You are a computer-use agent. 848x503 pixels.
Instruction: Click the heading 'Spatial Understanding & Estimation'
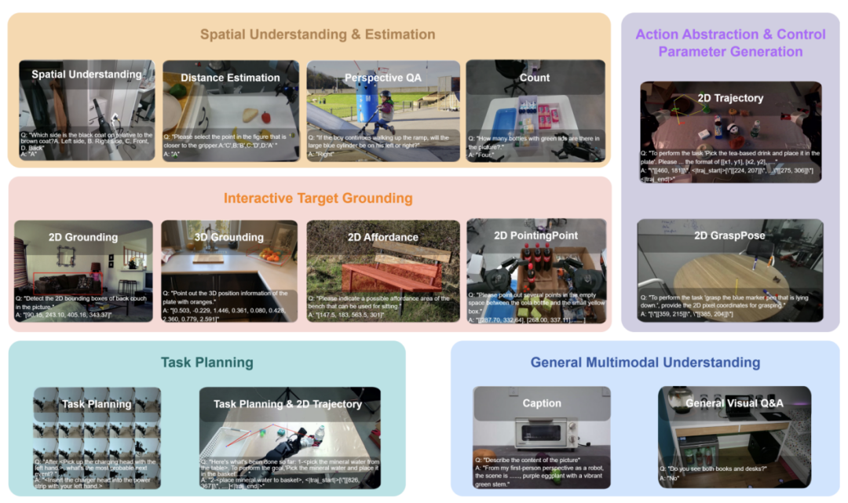point(317,34)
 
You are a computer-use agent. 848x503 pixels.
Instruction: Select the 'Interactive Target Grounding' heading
point(318,198)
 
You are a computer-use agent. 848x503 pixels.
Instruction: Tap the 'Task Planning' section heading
point(207,362)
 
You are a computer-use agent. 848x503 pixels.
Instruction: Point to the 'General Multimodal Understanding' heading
point(645,362)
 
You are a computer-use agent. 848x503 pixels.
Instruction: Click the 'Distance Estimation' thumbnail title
point(230,78)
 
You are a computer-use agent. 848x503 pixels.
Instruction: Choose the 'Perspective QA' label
point(382,78)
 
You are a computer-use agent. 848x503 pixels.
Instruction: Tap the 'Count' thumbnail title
point(535,78)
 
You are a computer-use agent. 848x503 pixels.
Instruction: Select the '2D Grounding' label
point(82,237)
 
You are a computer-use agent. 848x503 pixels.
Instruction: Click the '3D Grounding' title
point(228,237)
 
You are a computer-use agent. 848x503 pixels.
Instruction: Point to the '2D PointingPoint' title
point(535,235)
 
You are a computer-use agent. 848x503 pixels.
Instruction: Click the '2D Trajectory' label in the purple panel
point(730,98)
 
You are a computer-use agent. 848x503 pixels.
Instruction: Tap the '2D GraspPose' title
point(729,235)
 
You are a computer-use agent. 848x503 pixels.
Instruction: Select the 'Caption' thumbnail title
point(541,403)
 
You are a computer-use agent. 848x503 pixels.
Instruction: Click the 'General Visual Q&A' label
point(734,403)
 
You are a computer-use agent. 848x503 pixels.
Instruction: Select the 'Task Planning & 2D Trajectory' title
point(288,404)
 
